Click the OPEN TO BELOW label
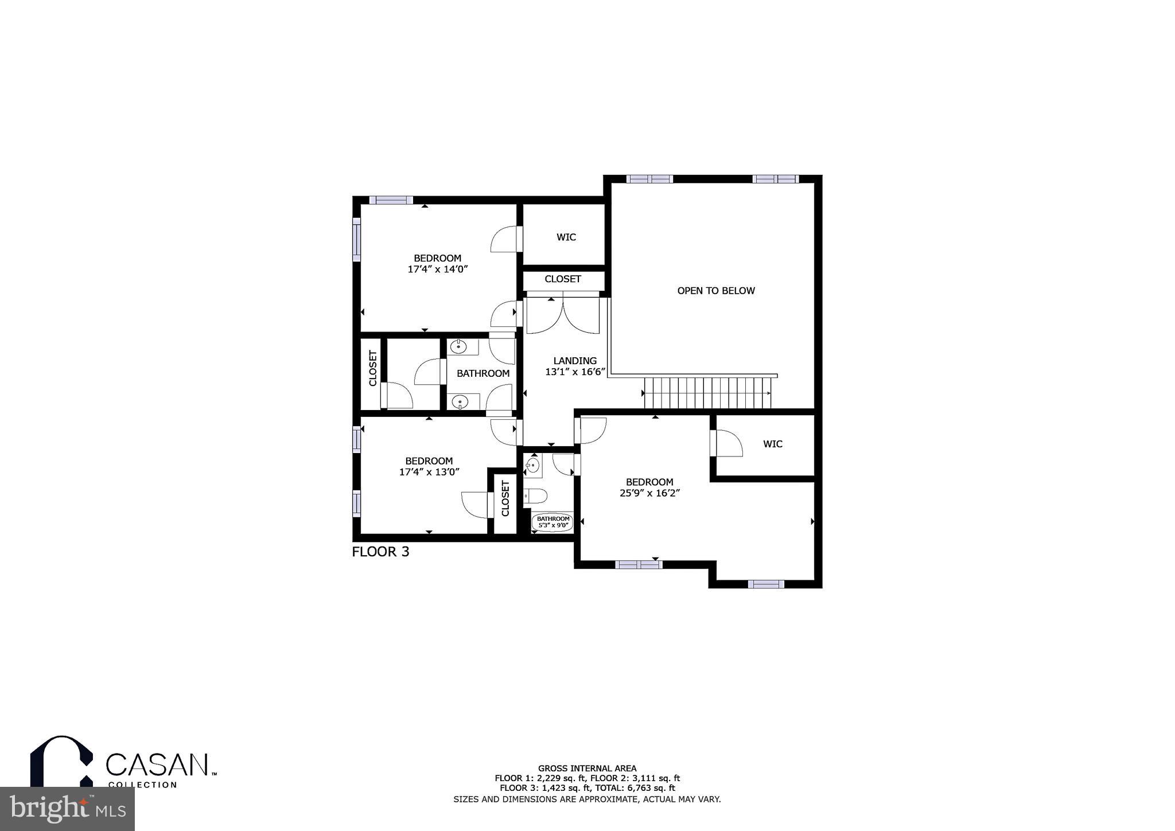tap(715, 291)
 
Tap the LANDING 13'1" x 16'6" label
tap(575, 366)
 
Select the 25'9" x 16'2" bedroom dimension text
tap(649, 493)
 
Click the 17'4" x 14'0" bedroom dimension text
tap(438, 269)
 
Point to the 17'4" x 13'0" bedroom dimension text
tap(429, 472)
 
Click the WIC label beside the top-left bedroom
tap(566, 237)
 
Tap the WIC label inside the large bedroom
tap(772, 444)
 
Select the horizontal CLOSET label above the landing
tap(562, 279)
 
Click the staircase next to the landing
tap(707, 393)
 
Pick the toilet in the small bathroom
tap(536, 496)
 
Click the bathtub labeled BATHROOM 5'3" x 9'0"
tap(553, 522)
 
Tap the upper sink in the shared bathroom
tap(458, 346)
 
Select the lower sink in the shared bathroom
tap(459, 402)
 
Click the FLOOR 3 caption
tap(380, 552)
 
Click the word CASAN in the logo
tap(157, 764)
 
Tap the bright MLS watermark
tap(67, 809)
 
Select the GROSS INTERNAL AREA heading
tap(587, 768)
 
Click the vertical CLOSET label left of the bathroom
tap(372, 368)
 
